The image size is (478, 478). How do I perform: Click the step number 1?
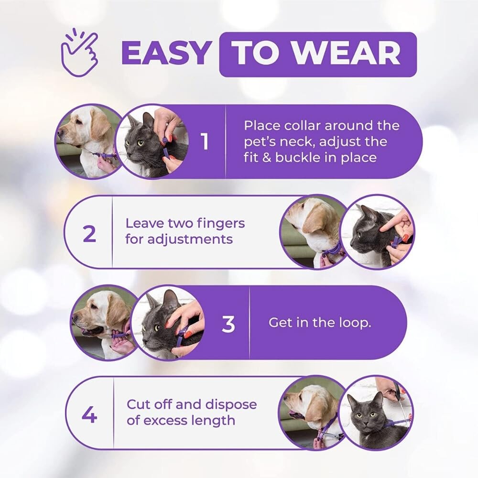[205, 142]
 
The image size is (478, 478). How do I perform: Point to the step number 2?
[89, 234]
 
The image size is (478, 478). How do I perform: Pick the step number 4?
[89, 415]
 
